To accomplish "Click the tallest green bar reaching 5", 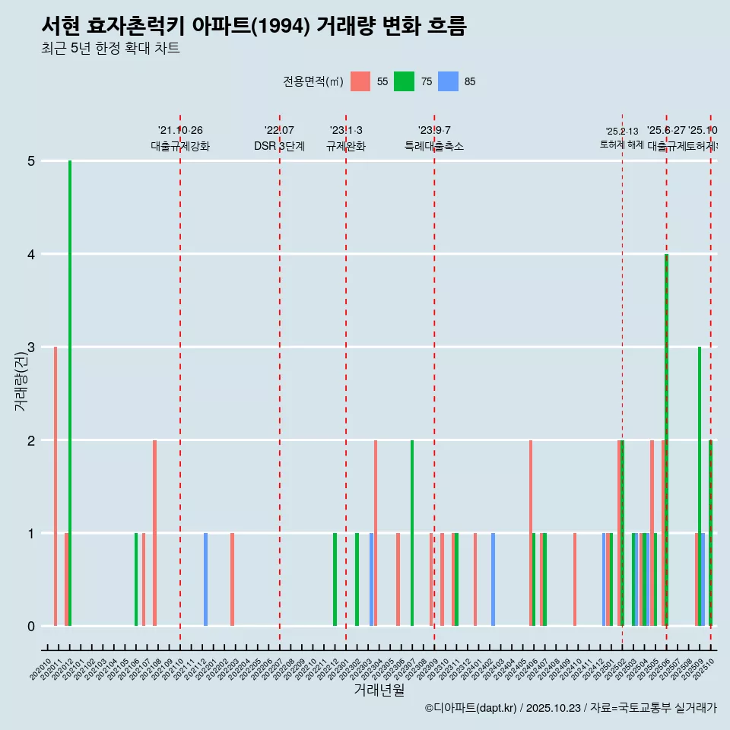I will click(x=70, y=393).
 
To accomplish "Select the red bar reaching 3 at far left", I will click(x=56, y=487).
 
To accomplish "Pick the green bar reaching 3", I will click(x=700, y=487).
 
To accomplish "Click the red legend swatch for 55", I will click(x=360, y=81).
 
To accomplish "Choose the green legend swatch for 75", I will click(x=404, y=81).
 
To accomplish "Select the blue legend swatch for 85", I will click(x=449, y=81).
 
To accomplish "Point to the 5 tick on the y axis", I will click(x=31, y=161).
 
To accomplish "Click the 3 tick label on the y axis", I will click(x=31, y=348).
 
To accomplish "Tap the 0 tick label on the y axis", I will click(x=31, y=627).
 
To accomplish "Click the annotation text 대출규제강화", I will click(x=180, y=147).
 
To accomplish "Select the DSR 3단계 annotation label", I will click(x=280, y=147).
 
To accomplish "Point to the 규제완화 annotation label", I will click(x=346, y=147).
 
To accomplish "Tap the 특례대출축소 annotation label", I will click(x=434, y=147).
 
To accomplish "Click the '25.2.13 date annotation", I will click(x=622, y=132).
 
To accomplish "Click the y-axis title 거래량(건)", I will click(x=21, y=381).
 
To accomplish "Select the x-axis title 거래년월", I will click(x=379, y=690).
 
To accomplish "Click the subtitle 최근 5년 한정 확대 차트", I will click(x=110, y=49).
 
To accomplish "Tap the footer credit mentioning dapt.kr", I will click(x=570, y=708).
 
